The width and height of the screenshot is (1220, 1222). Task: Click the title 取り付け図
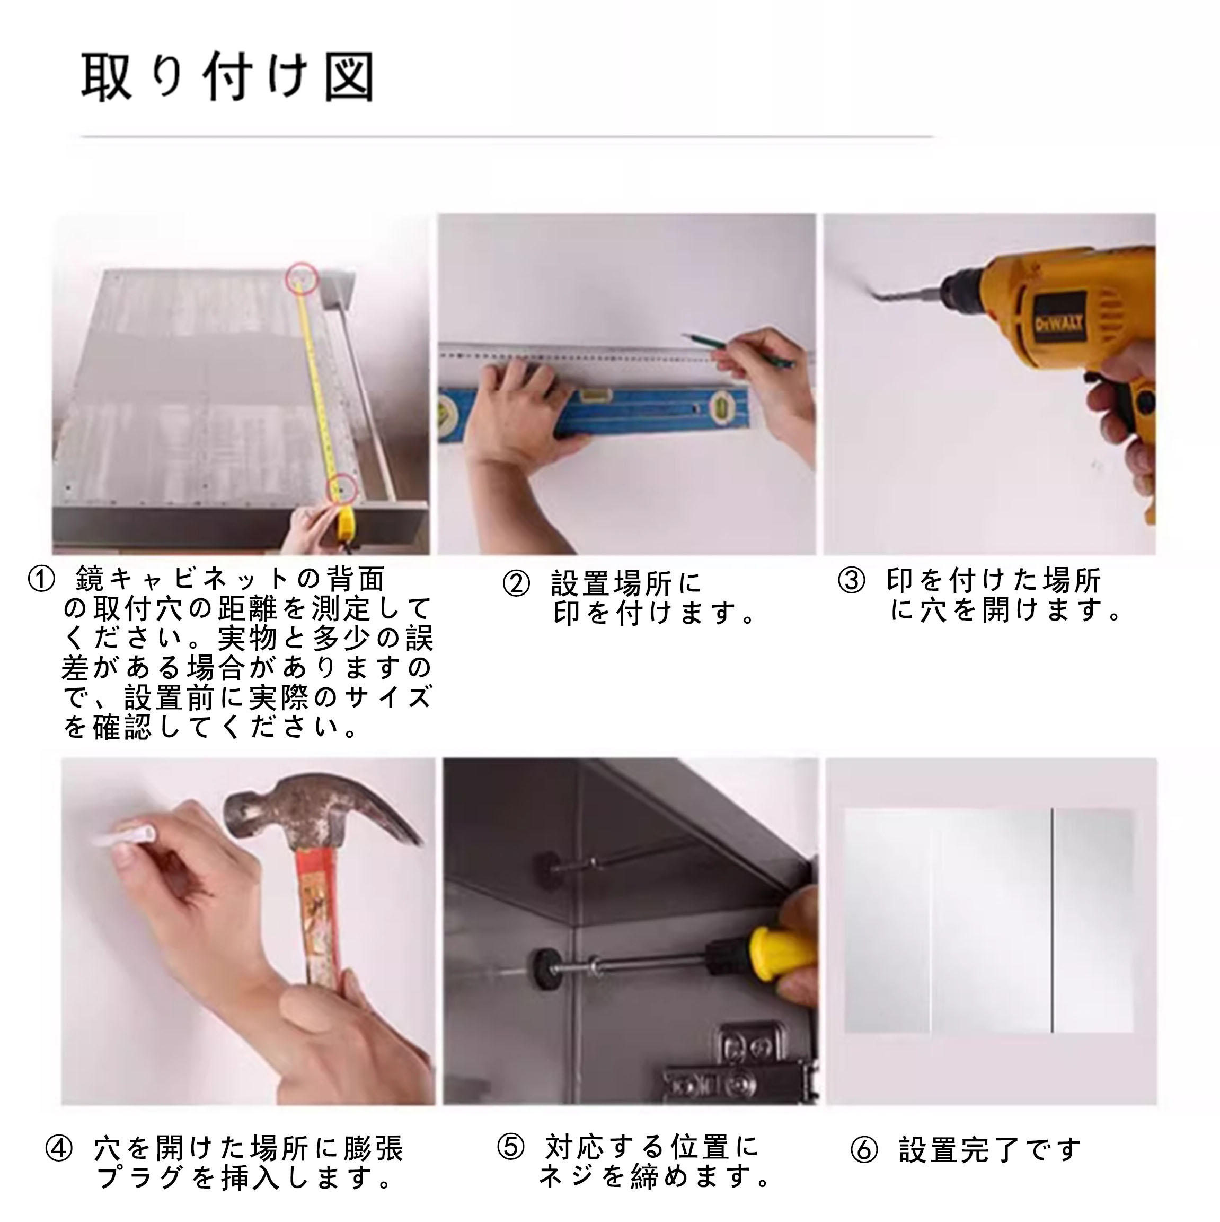tap(228, 77)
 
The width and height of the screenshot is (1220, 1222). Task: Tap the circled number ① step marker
tap(42, 579)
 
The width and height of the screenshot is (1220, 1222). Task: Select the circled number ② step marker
tap(516, 583)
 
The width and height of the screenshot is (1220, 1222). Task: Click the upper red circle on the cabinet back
tap(302, 278)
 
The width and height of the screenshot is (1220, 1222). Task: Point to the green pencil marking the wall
tap(738, 350)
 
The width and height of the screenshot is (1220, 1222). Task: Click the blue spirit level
tap(594, 411)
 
